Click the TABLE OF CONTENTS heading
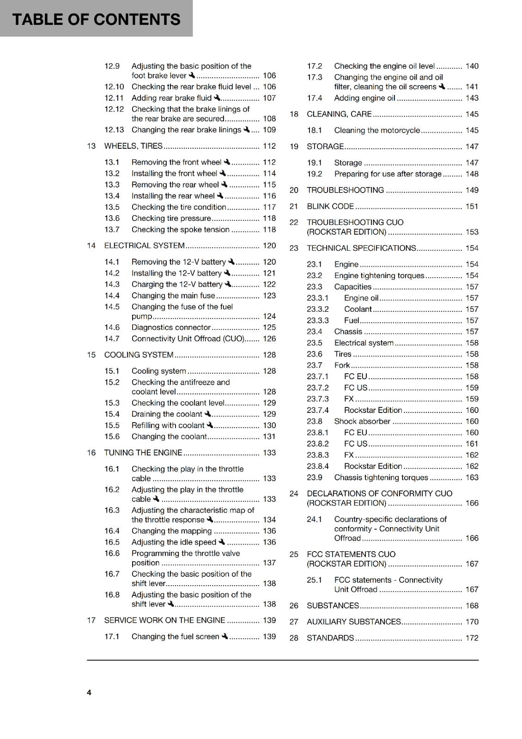96,19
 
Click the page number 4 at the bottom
89,692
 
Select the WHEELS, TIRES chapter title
133,146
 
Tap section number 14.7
112,339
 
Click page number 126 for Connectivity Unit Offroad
269,339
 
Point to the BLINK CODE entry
330,206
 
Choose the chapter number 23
294,248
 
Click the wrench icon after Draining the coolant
207,414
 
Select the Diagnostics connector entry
171,327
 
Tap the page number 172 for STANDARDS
472,638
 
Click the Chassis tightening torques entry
381,478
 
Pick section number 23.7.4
318,410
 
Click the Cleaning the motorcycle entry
377,130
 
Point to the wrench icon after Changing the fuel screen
225,636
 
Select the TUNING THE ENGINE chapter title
143,453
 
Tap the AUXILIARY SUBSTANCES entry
354,622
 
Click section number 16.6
112,553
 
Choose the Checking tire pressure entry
171,218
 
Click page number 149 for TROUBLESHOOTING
472,190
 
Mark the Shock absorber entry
362,421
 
